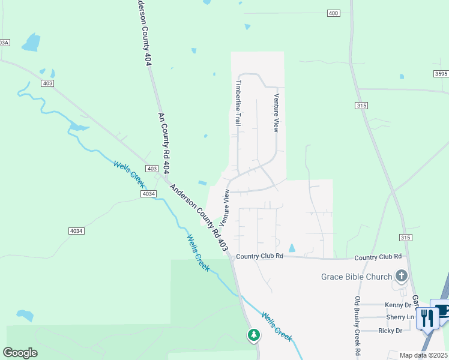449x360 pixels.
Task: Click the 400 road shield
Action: click(x=334, y=13)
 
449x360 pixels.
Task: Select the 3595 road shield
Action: click(x=441, y=73)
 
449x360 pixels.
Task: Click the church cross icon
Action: click(x=402, y=276)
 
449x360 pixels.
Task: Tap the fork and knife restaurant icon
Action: click(x=427, y=316)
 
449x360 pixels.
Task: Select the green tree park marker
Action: click(x=254, y=335)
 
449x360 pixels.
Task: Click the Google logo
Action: click(x=20, y=353)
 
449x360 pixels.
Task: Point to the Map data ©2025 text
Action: click(x=423, y=355)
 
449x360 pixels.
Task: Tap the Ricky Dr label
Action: click(x=390, y=331)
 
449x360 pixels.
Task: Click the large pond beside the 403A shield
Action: click(x=31, y=43)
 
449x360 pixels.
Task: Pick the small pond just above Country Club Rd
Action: click(x=292, y=248)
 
